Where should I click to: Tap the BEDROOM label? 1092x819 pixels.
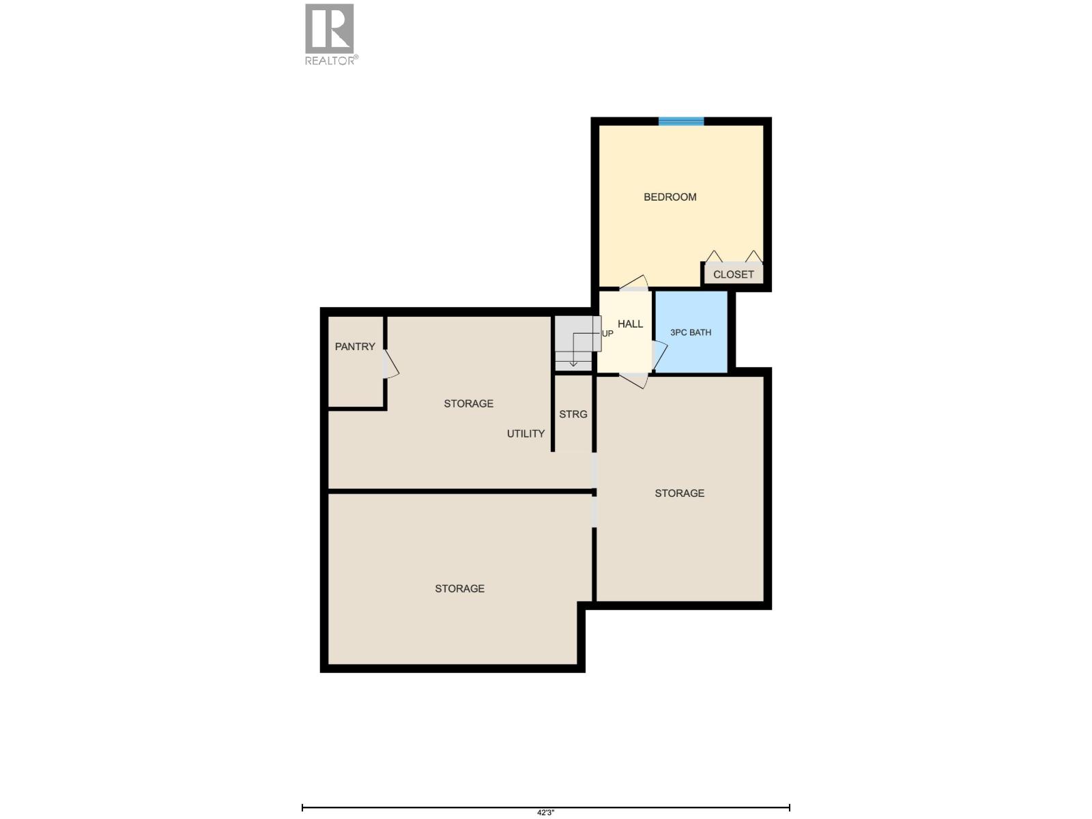pyautogui.click(x=670, y=197)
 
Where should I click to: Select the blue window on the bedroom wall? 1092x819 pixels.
pyautogui.click(x=681, y=121)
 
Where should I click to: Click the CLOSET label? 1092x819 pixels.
pyautogui.click(x=734, y=274)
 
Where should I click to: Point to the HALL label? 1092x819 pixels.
pyautogui.click(x=630, y=324)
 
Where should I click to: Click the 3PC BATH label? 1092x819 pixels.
pyautogui.click(x=691, y=332)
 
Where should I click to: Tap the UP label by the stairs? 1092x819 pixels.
pyautogui.click(x=607, y=334)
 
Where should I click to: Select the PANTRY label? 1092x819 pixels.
pyautogui.click(x=355, y=347)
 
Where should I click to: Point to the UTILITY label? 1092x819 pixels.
pyautogui.click(x=526, y=433)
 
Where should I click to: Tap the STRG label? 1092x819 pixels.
pyautogui.click(x=573, y=414)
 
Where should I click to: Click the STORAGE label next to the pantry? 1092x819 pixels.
pyautogui.click(x=468, y=403)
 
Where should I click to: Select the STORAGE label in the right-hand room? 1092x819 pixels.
pyautogui.click(x=679, y=493)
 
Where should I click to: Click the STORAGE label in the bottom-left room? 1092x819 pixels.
pyautogui.click(x=459, y=588)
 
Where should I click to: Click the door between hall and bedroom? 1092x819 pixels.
pyautogui.click(x=633, y=283)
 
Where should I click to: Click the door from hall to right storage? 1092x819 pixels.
pyautogui.click(x=633, y=380)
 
